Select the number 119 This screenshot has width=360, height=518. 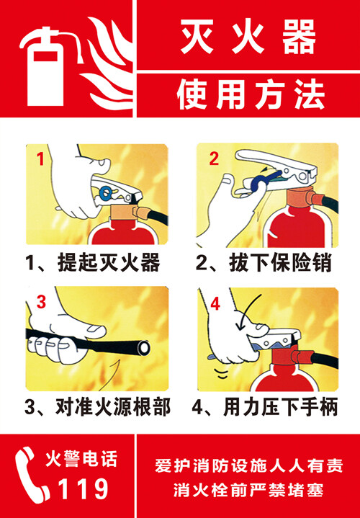[84, 488]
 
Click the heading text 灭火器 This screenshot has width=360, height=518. [248, 37]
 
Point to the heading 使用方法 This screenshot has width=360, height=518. [251, 94]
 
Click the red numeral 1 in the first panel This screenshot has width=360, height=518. [40, 159]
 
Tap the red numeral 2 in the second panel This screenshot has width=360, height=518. [214, 158]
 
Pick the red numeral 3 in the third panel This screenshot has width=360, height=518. [41, 303]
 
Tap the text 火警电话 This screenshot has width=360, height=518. [81, 460]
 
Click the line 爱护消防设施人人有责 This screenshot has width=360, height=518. [249, 466]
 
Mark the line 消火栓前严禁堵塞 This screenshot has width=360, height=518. [248, 490]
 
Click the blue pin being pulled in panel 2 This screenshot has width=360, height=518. [261, 180]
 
